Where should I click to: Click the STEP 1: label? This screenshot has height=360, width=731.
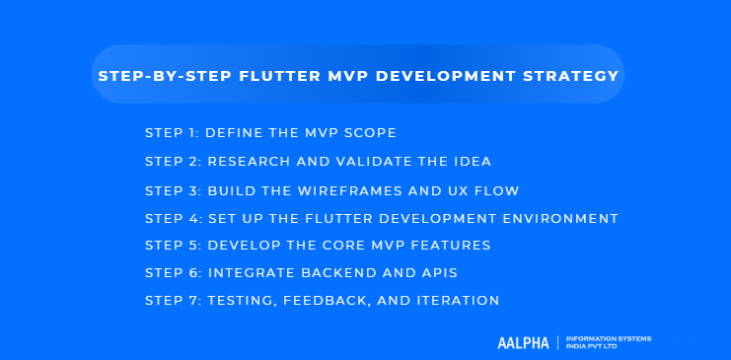pyautogui.click(x=171, y=132)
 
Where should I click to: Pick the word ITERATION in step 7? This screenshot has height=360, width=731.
pyautogui.click(x=463, y=301)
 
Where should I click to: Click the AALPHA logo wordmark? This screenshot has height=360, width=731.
pyautogui.click(x=524, y=342)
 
